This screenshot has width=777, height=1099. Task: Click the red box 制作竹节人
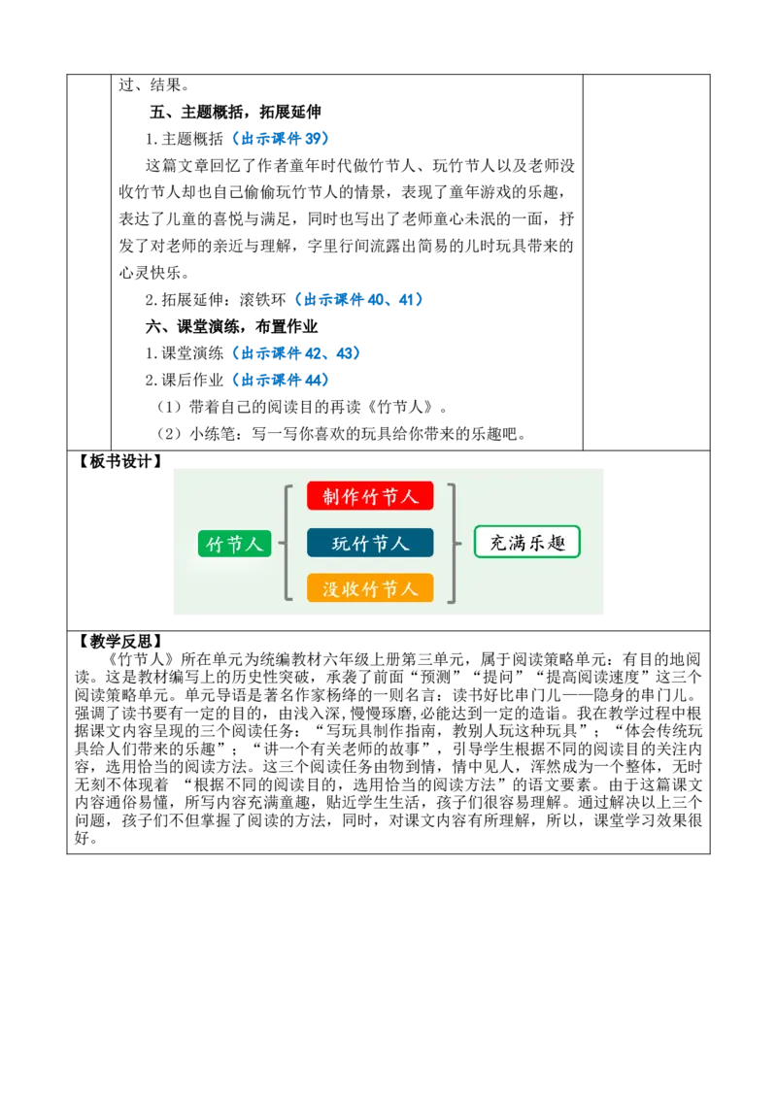tap(370, 496)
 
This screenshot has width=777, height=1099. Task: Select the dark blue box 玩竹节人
tap(370, 543)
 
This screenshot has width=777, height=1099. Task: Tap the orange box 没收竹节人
tap(370, 588)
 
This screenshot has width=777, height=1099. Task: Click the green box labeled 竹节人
tap(234, 544)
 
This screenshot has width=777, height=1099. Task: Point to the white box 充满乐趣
tap(527, 542)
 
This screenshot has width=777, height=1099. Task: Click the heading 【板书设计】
tap(119, 461)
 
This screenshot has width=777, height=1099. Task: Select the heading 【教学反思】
tap(119, 642)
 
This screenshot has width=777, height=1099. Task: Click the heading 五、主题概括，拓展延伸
tap(235, 113)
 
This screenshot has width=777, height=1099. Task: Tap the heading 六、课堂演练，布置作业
tap(231, 326)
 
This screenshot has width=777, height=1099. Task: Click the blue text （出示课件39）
tap(281, 139)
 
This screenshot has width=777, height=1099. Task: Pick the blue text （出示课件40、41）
tap(359, 300)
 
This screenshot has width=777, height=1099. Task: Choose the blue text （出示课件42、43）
tap(296, 353)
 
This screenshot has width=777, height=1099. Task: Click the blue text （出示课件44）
tap(281, 380)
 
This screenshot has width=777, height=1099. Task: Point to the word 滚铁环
tap(263, 300)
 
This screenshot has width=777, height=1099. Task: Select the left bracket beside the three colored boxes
tap(287, 543)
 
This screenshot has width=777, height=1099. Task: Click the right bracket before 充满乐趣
tap(455, 543)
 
